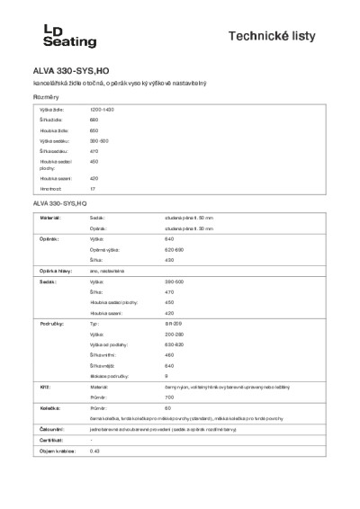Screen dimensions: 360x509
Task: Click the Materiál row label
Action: click(49, 219)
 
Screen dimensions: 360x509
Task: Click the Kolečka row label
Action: click(49, 407)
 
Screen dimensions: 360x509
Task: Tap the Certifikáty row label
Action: click(51, 440)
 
